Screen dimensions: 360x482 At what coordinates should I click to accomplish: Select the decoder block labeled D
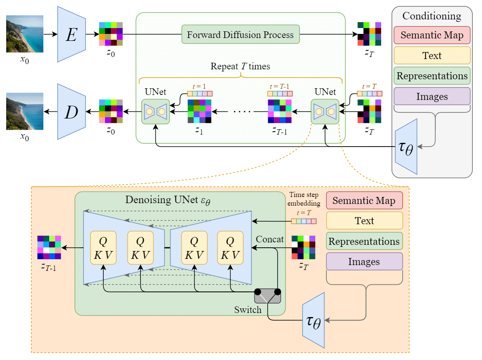coord(71,111)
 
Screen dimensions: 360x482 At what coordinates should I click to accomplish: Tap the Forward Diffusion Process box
coord(240,35)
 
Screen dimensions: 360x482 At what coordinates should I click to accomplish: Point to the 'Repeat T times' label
coord(240,66)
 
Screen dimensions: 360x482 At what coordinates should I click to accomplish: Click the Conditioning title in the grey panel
coord(432,16)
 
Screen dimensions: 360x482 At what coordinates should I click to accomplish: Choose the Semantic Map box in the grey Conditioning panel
coord(432,36)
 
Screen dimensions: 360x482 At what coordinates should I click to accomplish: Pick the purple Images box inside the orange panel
coord(364,261)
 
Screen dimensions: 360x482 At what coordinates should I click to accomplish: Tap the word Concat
coord(270,239)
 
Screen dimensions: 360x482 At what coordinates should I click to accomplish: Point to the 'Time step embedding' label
coord(304,199)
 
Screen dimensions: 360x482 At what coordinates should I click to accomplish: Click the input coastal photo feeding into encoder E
coord(25,34)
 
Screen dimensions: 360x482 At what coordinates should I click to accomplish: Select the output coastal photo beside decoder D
coord(25,111)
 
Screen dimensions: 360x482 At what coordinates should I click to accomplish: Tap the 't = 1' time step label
coord(199,87)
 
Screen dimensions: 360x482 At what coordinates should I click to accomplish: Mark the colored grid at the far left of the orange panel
coord(49,248)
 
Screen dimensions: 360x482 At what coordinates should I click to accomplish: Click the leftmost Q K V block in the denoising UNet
coord(103,248)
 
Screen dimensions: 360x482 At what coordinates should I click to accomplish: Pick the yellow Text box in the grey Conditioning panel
coord(432,56)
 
